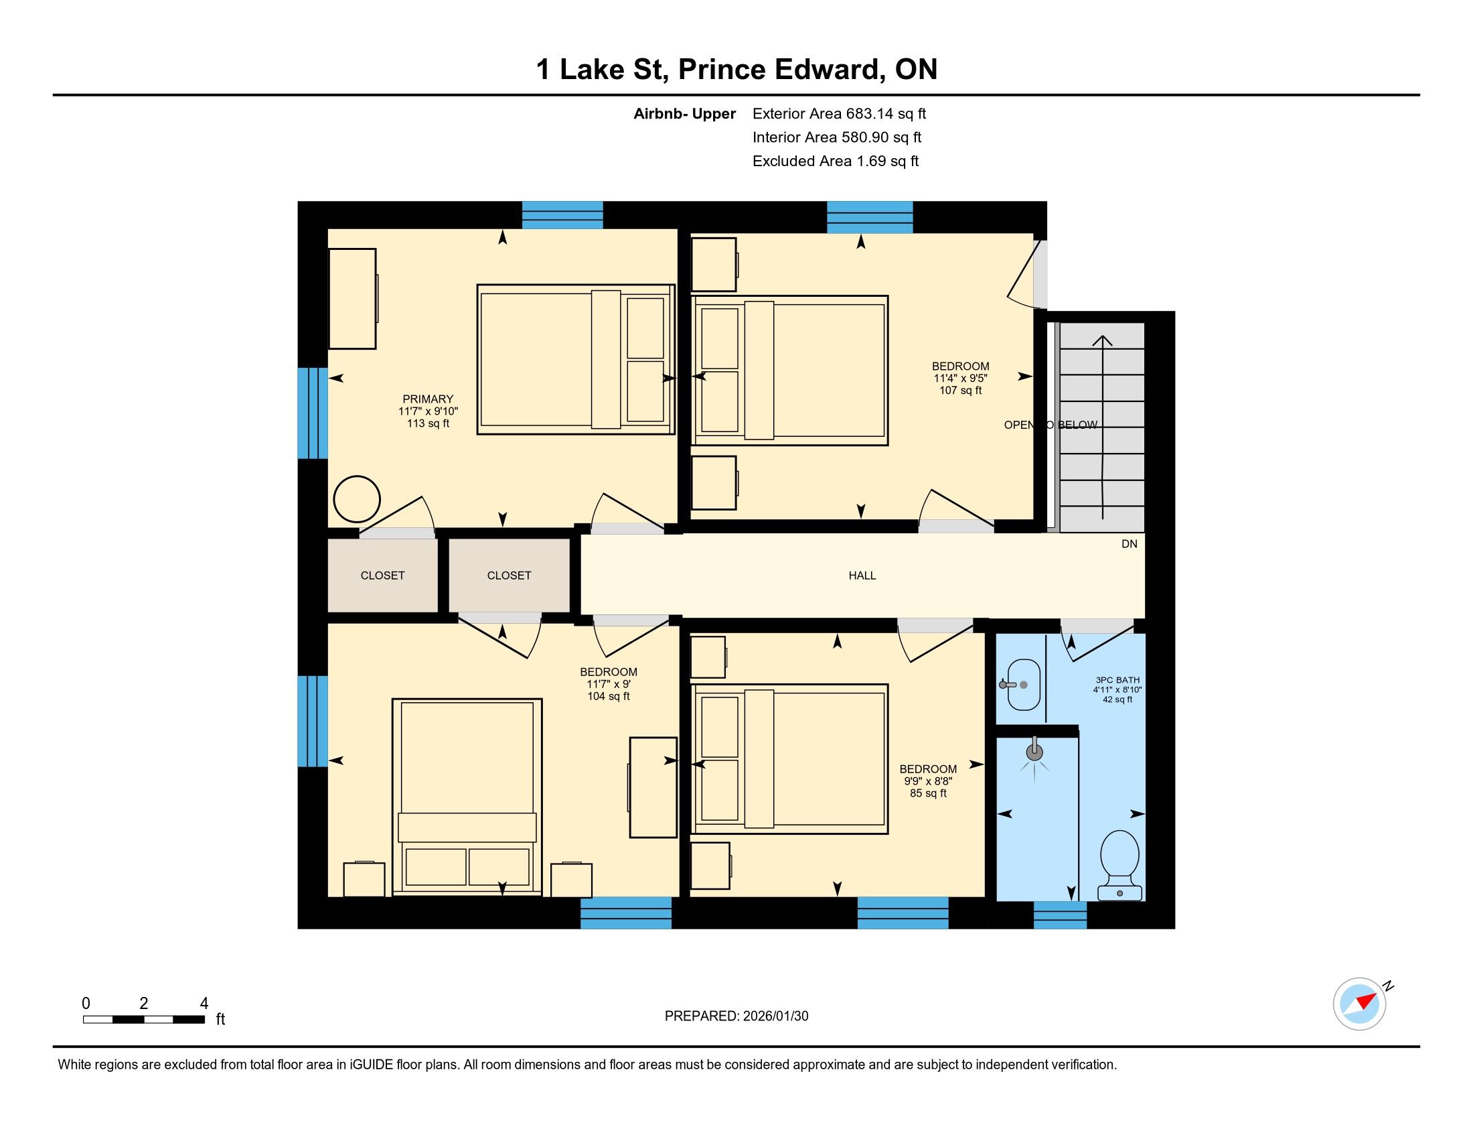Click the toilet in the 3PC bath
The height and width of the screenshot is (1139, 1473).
click(x=1119, y=865)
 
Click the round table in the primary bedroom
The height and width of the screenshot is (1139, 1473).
click(x=357, y=499)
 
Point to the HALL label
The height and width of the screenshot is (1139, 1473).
click(x=862, y=576)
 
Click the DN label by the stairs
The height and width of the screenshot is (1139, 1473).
click(x=1129, y=544)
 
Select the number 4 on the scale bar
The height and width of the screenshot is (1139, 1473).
click(x=204, y=1004)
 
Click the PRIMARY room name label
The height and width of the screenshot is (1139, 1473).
click(x=428, y=399)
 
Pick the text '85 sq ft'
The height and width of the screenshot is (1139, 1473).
click(x=928, y=793)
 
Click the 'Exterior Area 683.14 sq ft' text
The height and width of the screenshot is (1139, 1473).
click(x=839, y=113)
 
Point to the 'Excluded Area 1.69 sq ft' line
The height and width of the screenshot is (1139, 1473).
click(x=836, y=161)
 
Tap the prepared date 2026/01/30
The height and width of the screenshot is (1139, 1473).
click(x=775, y=1016)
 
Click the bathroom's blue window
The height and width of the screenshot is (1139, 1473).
click(x=1061, y=915)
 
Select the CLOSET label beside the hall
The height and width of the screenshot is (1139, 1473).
click(x=510, y=576)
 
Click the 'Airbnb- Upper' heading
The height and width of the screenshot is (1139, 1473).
click(x=684, y=114)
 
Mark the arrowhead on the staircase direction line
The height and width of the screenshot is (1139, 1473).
click(x=1102, y=341)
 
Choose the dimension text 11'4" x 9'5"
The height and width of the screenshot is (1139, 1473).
click(x=960, y=379)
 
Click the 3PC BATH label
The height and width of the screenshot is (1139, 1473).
click(x=1117, y=680)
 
